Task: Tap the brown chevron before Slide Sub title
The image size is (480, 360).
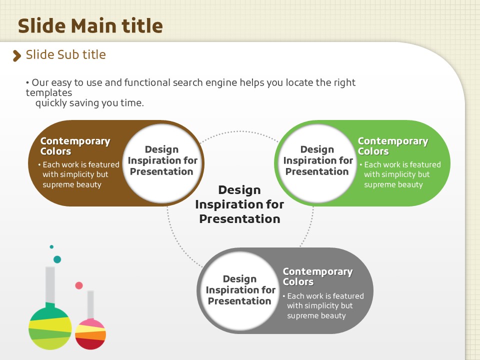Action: click(17, 55)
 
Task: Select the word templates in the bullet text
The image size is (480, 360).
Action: click(49, 93)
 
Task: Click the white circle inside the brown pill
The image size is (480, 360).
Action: click(162, 163)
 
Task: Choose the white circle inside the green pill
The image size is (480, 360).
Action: click(317, 163)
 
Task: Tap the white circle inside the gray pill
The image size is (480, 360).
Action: click(239, 291)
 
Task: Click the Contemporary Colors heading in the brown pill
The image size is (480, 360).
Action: click(75, 146)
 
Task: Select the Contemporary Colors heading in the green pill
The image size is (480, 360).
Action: click(393, 146)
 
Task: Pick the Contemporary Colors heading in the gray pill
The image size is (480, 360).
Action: click(318, 276)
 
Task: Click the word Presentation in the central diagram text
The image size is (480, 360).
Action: click(239, 219)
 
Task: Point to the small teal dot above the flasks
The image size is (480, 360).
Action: click(51, 246)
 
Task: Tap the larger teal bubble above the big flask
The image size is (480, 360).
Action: click(57, 259)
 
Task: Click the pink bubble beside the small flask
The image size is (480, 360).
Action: click(79, 285)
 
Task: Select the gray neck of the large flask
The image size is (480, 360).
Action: click(50, 284)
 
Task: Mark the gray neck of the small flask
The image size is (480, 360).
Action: click(90, 305)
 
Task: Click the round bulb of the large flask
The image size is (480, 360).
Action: click(50, 328)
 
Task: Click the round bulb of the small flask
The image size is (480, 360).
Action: click(90, 334)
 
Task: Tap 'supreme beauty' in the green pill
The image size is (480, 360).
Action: click(393, 185)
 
